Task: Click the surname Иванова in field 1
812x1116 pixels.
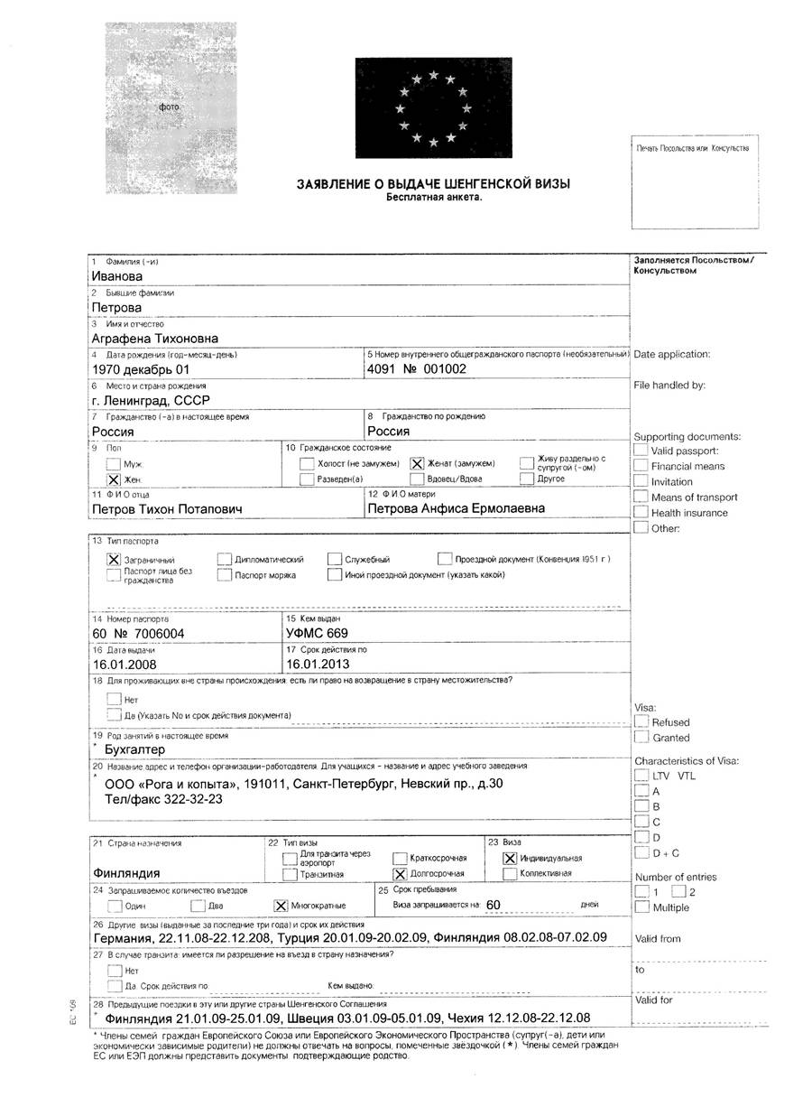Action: (x=117, y=276)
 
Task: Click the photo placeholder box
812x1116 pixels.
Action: (x=171, y=107)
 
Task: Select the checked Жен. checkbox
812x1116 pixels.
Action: (x=113, y=479)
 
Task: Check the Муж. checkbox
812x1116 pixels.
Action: (x=113, y=463)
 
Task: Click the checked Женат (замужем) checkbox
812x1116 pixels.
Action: (x=418, y=463)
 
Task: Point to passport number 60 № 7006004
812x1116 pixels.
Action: (x=138, y=634)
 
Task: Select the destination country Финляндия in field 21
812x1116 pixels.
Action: (x=126, y=874)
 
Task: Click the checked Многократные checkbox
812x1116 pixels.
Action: (x=280, y=905)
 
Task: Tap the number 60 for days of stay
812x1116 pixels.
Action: (x=493, y=904)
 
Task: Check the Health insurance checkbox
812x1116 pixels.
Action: (x=641, y=513)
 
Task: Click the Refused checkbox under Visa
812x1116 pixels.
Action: (x=641, y=722)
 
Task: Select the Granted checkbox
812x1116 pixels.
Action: (x=641, y=738)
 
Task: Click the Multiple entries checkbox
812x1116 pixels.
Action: (x=641, y=907)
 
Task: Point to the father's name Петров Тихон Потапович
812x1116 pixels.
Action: (x=167, y=508)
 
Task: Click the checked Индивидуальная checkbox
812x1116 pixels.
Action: (x=510, y=858)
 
